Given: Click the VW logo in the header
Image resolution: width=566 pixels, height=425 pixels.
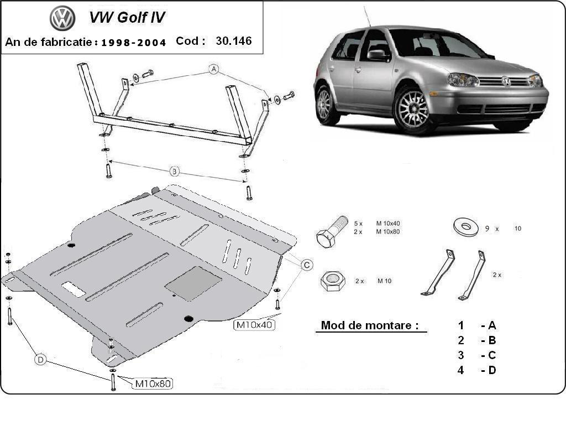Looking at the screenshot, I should tap(62, 18).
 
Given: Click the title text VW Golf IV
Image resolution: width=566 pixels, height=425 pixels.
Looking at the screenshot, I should tap(127, 18).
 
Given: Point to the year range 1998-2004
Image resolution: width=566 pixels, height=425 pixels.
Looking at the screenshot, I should tap(134, 42).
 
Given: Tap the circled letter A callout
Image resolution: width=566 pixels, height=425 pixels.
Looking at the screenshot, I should tap(214, 69).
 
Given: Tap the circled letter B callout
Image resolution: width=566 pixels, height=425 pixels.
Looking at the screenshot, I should tap(174, 172).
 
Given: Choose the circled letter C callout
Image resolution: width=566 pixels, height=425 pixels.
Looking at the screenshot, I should tap(307, 265).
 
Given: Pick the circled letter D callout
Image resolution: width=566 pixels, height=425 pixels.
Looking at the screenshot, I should tap(40, 360).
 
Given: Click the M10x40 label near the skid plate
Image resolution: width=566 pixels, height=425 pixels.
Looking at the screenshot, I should tap(255, 325).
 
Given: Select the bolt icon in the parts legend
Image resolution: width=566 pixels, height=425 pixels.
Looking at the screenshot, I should tap(331, 231).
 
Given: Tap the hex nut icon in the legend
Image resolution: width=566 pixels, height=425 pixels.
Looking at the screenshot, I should tap(332, 281).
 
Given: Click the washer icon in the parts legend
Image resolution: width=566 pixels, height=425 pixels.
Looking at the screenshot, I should tap(465, 227).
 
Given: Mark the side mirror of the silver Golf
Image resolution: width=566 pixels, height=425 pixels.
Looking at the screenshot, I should tap(379, 54).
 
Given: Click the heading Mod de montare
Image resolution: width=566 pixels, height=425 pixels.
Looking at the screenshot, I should tap(370, 325).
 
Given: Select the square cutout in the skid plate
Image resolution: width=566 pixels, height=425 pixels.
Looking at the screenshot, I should tap(193, 283).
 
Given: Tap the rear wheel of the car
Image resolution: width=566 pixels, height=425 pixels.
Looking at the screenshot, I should tap(326, 105).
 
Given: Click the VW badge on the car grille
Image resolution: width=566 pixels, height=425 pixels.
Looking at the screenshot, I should tap(506, 81).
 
